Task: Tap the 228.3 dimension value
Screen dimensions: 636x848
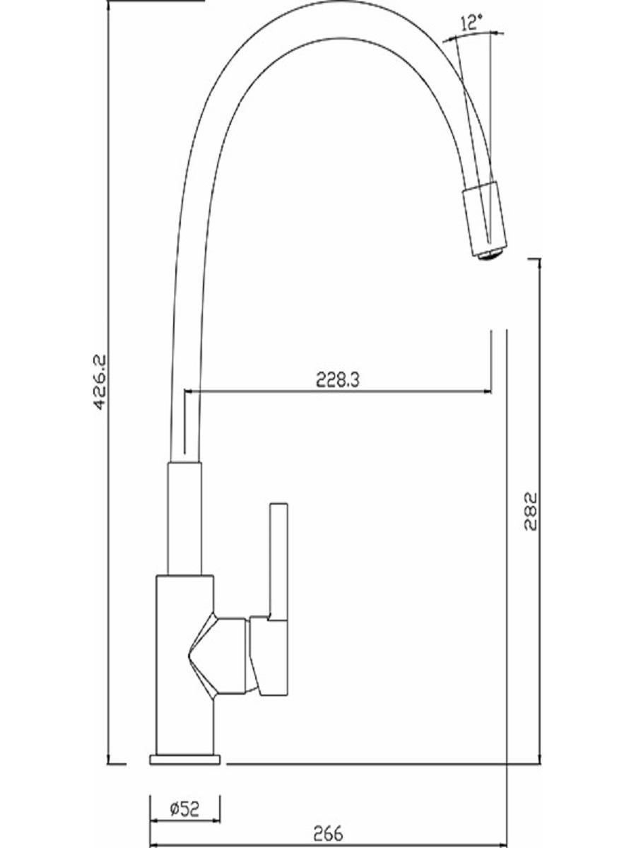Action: click(338, 380)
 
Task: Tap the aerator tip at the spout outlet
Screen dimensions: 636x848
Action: click(490, 256)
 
